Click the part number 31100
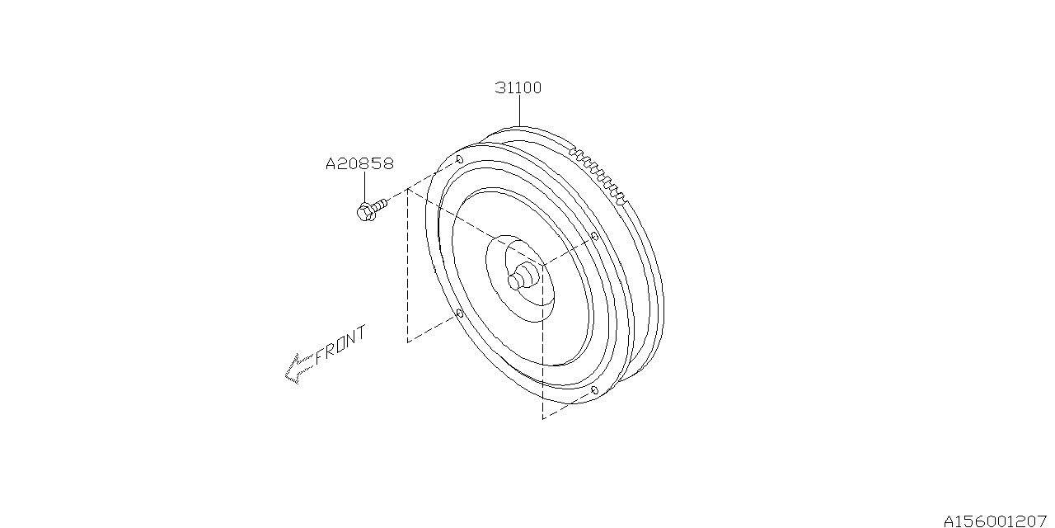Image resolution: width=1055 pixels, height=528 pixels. click(518, 87)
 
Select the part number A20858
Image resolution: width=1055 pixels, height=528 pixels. click(360, 163)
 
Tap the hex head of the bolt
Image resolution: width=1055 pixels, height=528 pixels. click(365, 212)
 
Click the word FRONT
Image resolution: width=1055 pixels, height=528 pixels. click(340, 345)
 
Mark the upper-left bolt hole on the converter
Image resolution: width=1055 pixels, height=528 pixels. click(460, 159)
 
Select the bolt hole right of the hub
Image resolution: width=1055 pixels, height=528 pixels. click(594, 235)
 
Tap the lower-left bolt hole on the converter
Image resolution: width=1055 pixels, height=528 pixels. click(460, 313)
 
